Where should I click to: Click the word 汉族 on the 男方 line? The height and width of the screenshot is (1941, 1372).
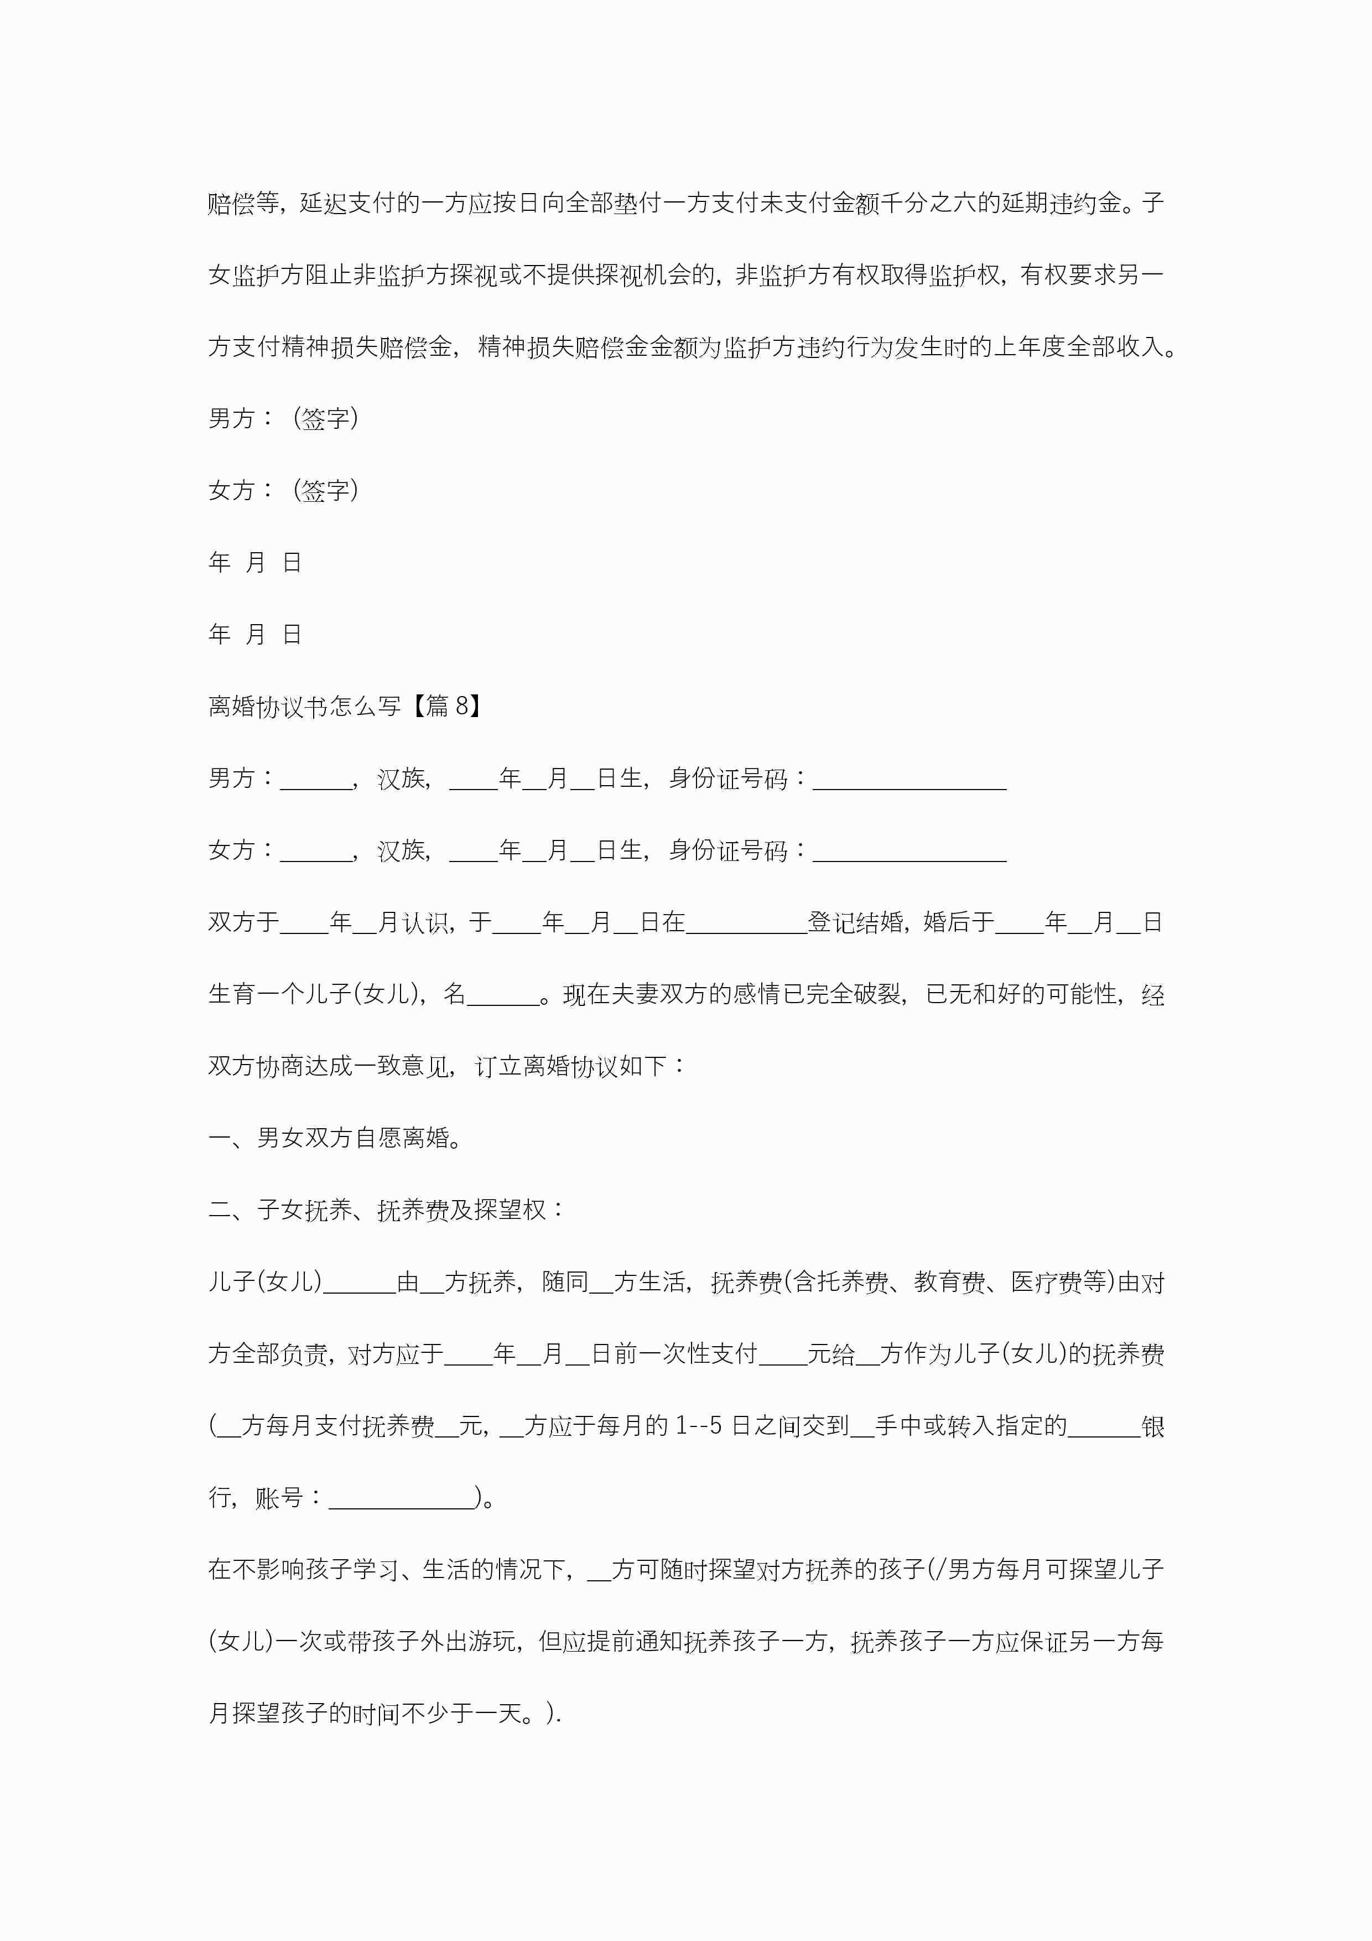pyautogui.click(x=402, y=779)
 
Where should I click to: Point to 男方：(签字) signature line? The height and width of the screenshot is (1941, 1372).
pyautogui.click(x=283, y=418)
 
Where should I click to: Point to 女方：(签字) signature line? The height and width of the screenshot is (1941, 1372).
pyautogui.click(x=283, y=490)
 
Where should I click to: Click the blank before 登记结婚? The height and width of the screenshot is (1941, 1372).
pyautogui.click(x=746, y=923)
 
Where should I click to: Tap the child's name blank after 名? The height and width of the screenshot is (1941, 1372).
pyautogui.click(x=503, y=995)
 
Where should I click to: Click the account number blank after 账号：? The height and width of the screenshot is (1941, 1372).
pyautogui.click(x=402, y=1498)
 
